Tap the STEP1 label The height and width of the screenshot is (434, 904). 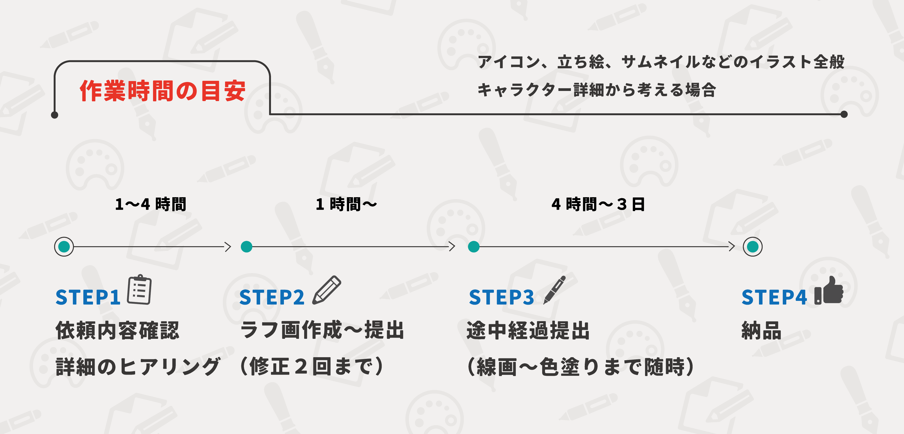88,297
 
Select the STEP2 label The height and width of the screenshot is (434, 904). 272,297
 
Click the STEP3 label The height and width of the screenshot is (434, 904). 501,297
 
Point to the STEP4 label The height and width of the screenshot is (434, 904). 774,297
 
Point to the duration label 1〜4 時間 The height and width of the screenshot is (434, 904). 151,204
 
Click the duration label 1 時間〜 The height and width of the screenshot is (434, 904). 346,204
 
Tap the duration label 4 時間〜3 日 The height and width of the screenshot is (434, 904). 598,204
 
